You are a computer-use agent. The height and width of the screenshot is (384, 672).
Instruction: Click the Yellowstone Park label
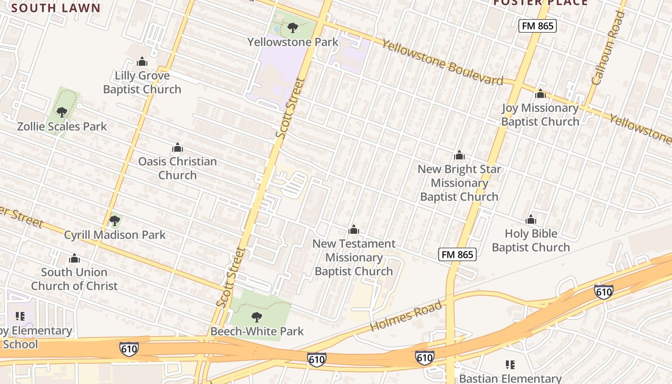[x=293, y=42]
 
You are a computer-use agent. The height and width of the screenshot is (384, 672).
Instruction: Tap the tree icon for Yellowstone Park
[x=293, y=28]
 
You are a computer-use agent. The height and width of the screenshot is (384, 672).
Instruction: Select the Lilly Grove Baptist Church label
[x=142, y=83]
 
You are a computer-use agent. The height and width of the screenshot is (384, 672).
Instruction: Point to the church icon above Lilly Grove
[x=142, y=61]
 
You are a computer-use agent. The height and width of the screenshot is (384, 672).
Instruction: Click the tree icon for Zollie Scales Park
[x=61, y=112]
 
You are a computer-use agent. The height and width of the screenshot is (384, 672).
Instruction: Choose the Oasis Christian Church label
[x=178, y=168]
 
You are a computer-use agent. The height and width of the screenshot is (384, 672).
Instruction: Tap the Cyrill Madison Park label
[x=115, y=235]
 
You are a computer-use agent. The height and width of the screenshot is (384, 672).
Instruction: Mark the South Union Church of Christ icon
[x=74, y=258]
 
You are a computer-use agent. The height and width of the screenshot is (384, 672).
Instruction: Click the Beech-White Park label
[x=257, y=331]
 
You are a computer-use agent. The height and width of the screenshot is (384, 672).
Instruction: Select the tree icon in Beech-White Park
[x=257, y=317]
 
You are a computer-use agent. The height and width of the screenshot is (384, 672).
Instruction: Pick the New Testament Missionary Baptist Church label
[x=354, y=257]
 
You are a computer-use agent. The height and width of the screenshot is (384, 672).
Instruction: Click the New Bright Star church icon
[x=459, y=155]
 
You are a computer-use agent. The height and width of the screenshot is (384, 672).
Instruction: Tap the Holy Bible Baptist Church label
[x=530, y=240]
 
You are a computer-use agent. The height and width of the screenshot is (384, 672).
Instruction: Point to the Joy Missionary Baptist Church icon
[x=540, y=94]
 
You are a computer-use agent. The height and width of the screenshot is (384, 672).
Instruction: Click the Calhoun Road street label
[x=608, y=48]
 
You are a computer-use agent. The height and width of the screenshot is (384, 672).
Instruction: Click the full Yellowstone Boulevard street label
[x=442, y=62]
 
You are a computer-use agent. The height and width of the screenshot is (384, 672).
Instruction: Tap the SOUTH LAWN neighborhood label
[x=56, y=8]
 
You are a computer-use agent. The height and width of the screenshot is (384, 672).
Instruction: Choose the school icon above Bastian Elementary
[x=510, y=365]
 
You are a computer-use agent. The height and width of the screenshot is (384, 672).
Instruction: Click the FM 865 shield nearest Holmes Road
[x=457, y=255]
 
